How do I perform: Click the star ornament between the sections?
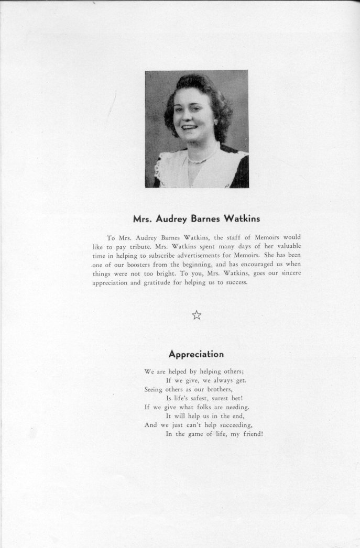coord(197,315)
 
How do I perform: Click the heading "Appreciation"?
coord(196,354)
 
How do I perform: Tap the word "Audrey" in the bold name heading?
coord(174,218)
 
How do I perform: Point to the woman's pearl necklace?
coord(201,158)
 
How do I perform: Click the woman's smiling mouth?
coord(189,127)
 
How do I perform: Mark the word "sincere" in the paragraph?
coord(287,273)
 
